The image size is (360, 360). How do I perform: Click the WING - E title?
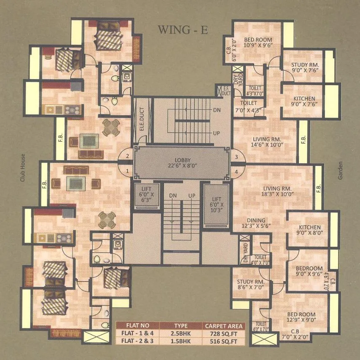(x=183, y=30)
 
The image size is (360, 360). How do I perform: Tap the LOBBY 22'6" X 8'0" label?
(x=183, y=163)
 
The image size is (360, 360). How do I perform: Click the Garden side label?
(x=340, y=171)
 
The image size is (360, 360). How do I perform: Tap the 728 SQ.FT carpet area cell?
(x=223, y=333)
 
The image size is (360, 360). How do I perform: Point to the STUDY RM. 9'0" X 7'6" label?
(x=305, y=68)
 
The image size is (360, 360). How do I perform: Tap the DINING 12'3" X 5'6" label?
(x=256, y=223)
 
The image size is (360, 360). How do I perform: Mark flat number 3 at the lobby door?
(x=236, y=157)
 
